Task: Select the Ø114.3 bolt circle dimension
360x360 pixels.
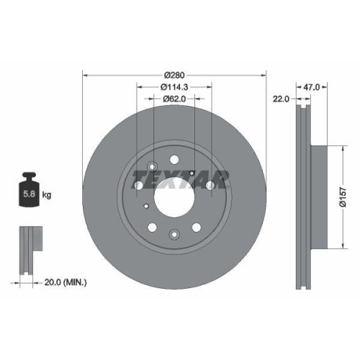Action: (174, 87)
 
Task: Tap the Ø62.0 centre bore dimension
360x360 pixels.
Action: (174, 99)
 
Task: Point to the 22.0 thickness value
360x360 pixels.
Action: (280, 99)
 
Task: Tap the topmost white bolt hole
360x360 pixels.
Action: (174, 159)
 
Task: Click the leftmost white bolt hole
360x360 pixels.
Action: (138, 185)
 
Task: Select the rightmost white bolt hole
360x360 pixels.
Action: (210, 185)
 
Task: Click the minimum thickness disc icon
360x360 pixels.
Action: (28, 249)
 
